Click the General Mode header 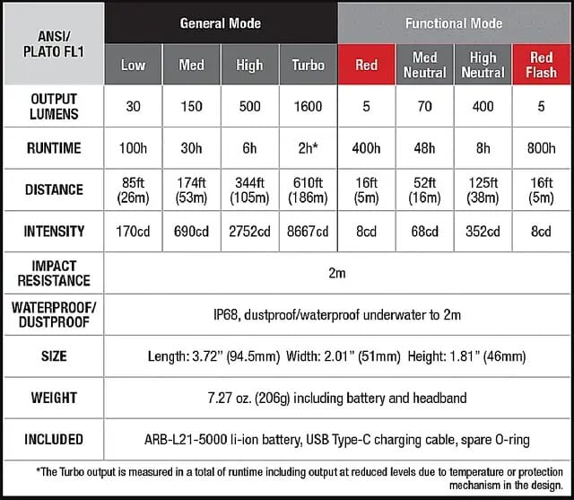click(221, 22)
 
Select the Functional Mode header click(454, 22)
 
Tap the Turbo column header click(308, 65)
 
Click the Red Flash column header click(542, 65)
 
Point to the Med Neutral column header click(425, 65)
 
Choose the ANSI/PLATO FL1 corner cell click(53, 42)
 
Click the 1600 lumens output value click(308, 107)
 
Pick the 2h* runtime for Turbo click(308, 148)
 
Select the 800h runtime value click(542, 148)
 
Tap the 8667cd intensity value click(308, 232)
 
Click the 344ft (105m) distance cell click(249, 189)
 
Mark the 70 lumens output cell click(425, 107)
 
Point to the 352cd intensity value click(483, 232)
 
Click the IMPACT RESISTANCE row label click(53, 273)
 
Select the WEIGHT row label click(53, 398)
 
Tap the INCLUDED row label click(53, 439)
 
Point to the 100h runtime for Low click(133, 148)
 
